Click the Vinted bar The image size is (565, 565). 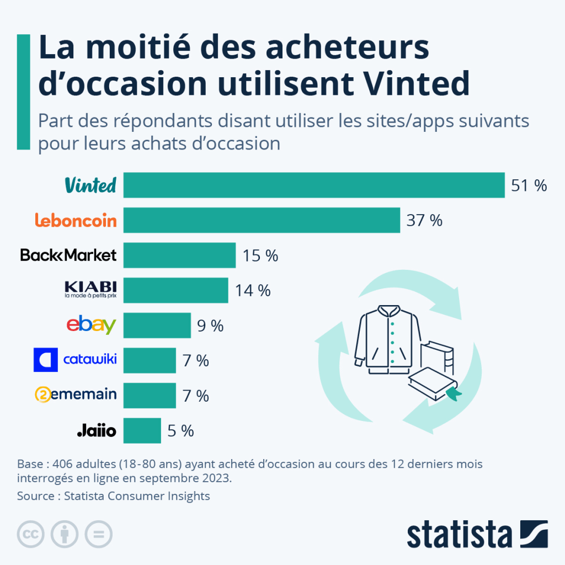(x=313, y=185)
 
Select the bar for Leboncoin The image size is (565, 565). (x=262, y=220)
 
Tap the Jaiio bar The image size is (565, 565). (x=142, y=430)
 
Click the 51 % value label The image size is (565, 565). (x=529, y=186)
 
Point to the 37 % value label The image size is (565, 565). (x=424, y=221)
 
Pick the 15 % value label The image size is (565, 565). (x=260, y=255)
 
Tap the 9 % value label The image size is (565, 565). (x=210, y=326)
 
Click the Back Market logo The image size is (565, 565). (x=68, y=255)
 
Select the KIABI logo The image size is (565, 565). (x=90, y=290)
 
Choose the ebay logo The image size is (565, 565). (x=91, y=325)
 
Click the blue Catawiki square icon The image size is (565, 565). (x=45, y=360)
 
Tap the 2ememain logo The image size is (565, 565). (x=76, y=395)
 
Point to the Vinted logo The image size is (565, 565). (x=90, y=185)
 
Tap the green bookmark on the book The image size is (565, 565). (x=453, y=393)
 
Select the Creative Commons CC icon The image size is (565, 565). (x=31, y=534)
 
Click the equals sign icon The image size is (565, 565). (x=98, y=534)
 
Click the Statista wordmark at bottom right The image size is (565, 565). (x=460, y=535)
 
